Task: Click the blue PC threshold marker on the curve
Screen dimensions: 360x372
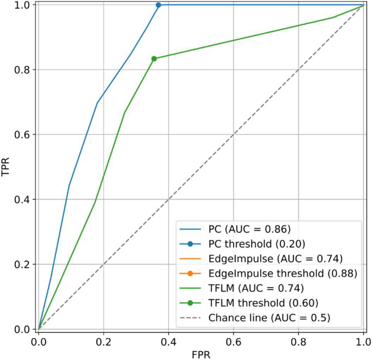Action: click(159, 5)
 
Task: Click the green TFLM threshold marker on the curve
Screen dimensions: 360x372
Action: click(154, 59)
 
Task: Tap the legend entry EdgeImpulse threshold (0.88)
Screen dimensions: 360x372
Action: click(283, 274)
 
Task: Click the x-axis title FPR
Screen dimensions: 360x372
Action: click(201, 354)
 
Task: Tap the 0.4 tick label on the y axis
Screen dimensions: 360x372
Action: click(22, 199)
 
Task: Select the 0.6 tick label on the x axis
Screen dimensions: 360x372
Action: click(234, 343)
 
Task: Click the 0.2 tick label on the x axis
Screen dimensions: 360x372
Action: click(103, 343)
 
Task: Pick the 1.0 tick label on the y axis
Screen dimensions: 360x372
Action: click(22, 5)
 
